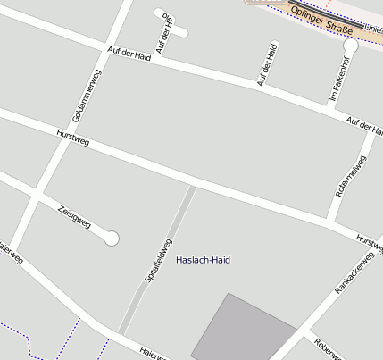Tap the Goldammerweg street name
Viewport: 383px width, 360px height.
coord(87,96)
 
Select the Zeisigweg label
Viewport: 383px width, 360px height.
coord(74,217)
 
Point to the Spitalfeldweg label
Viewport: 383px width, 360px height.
coord(158,262)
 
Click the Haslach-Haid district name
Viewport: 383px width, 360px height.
coord(204,260)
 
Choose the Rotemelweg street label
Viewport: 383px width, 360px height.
coord(350,177)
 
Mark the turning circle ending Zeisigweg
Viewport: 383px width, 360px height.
coord(112,238)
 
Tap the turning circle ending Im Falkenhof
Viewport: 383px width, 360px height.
coord(351,45)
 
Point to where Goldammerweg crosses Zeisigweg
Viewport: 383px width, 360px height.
coord(37,197)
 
